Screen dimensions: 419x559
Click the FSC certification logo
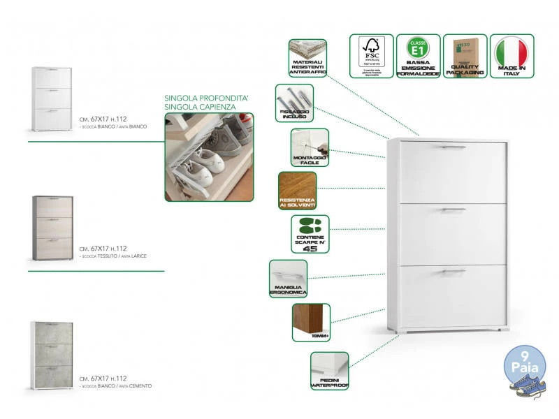point(372,56)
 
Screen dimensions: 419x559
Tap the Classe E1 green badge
point(418,56)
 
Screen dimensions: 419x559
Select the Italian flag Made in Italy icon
point(512,56)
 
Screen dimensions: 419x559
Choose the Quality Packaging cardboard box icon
point(465,56)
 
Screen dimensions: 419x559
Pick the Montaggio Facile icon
point(310,147)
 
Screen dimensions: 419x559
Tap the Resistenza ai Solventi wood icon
point(297,191)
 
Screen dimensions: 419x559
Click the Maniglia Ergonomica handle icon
point(288,279)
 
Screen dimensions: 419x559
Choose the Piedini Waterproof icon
point(329,370)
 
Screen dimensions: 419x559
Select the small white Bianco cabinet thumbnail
point(53,98)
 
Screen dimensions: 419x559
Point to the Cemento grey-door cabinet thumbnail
point(53,355)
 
